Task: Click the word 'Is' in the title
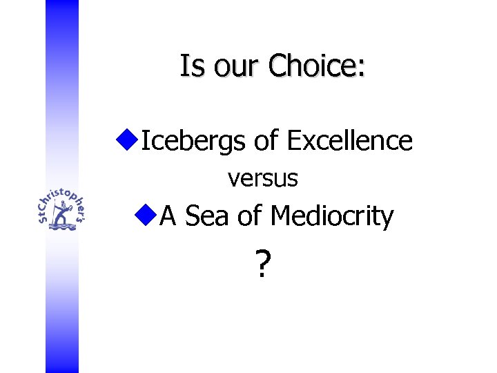click(x=189, y=66)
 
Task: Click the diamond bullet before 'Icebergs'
click(x=126, y=140)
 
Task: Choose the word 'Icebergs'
click(x=194, y=142)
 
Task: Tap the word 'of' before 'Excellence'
click(x=266, y=140)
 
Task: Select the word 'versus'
click(x=263, y=179)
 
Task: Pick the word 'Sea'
click(x=207, y=217)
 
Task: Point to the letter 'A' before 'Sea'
click(x=169, y=217)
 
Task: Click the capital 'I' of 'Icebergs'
click(x=144, y=140)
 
